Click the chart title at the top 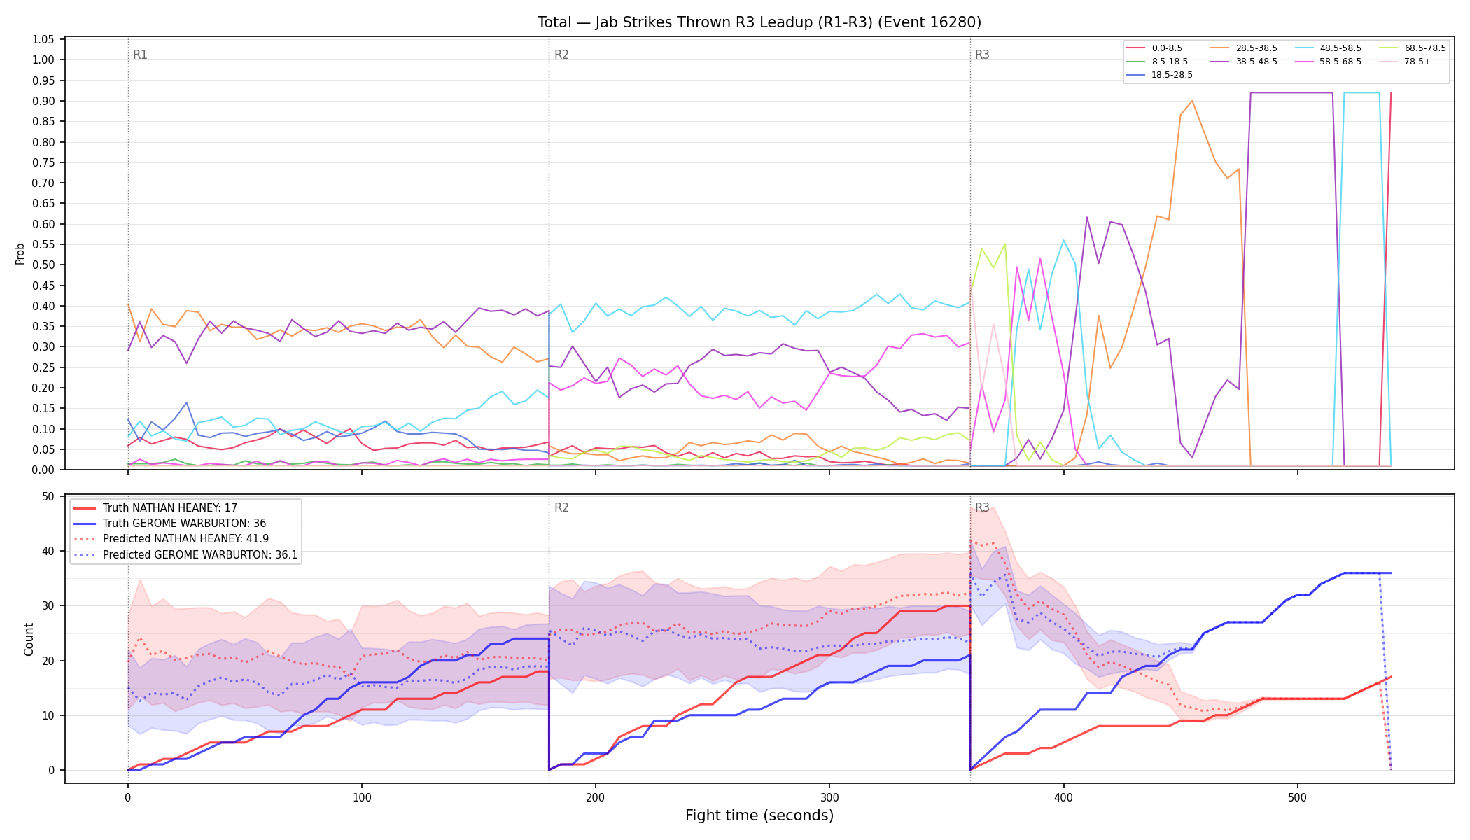pyautogui.click(x=759, y=22)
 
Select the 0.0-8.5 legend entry pyautogui.click(x=1154, y=48)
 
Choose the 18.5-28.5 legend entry pyautogui.click(x=1159, y=75)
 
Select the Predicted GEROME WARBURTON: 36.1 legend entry pyautogui.click(x=185, y=555)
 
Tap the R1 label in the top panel pyautogui.click(x=140, y=55)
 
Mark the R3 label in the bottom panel pyautogui.click(x=982, y=507)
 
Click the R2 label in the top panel pyautogui.click(x=561, y=55)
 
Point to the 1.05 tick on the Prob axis pyautogui.click(x=43, y=39)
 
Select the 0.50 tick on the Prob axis pyautogui.click(x=43, y=265)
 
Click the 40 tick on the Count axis pyautogui.click(x=48, y=551)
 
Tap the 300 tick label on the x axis pyautogui.click(x=829, y=797)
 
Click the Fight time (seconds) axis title pyautogui.click(x=759, y=815)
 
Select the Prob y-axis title pyautogui.click(x=20, y=253)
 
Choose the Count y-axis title pyautogui.click(x=29, y=639)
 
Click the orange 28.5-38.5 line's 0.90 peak pyautogui.click(x=1192, y=101)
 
